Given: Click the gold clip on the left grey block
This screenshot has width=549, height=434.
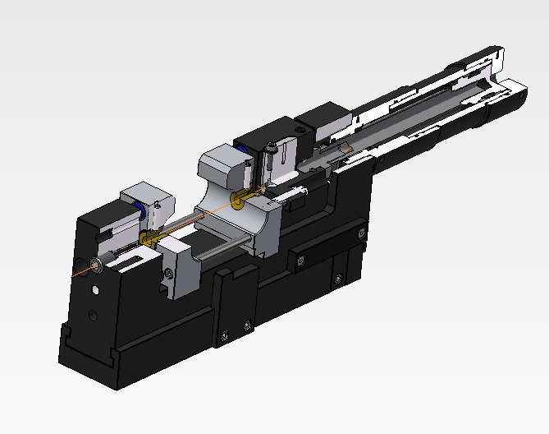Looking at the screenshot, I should (x=149, y=238).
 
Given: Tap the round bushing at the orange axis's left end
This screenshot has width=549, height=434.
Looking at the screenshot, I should (x=97, y=263).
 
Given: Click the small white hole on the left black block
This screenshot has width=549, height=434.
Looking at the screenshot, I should (x=96, y=290).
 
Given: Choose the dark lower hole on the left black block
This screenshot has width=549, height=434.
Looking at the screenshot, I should (x=94, y=315).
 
